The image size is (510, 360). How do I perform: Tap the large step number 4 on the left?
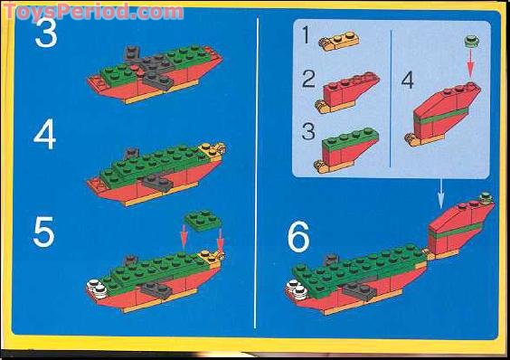click(46, 136)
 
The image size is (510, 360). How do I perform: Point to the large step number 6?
click(298, 237)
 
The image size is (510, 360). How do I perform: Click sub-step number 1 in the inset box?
click(307, 35)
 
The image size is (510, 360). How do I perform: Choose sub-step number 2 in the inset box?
click(308, 79)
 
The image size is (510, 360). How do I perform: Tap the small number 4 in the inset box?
click(408, 80)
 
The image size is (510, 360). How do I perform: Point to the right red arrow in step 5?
click(220, 241)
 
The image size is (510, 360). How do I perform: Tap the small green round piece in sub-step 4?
click(469, 41)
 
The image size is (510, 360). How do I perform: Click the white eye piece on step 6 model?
click(295, 290)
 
